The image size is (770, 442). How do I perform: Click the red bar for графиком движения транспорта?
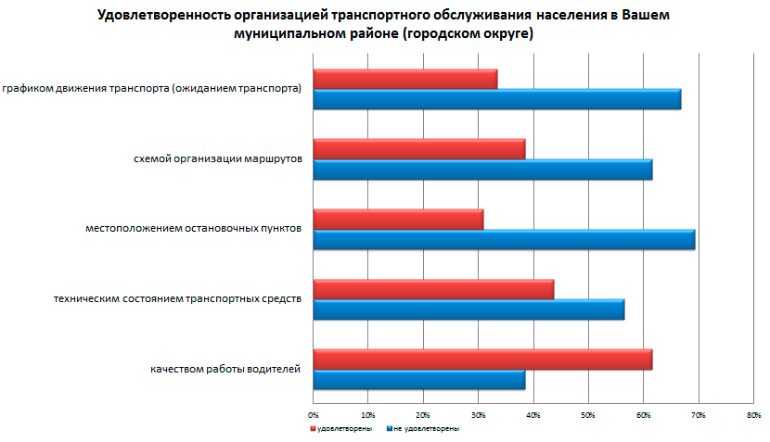point(404,79)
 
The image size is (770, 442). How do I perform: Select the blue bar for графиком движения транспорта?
point(496,99)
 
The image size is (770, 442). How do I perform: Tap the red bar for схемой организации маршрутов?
point(418,148)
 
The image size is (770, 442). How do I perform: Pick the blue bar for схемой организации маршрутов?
point(482,169)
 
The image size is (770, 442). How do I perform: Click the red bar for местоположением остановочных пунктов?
point(398,219)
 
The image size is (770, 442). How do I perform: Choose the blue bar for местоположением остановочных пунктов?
point(504,239)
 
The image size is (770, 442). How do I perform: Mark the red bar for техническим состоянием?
point(433,288)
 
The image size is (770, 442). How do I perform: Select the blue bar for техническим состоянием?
point(468,309)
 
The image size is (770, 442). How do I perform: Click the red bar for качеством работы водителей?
point(482,359)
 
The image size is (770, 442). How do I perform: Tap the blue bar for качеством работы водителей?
point(418,379)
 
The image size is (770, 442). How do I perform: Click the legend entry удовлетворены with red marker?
point(344,428)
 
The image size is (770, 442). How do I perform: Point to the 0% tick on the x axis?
point(314,413)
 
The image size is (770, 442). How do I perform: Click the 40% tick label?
point(533,413)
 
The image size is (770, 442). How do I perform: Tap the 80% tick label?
point(753,413)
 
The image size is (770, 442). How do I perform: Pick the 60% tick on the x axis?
point(643,413)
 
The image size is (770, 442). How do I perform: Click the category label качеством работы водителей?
point(225,369)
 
